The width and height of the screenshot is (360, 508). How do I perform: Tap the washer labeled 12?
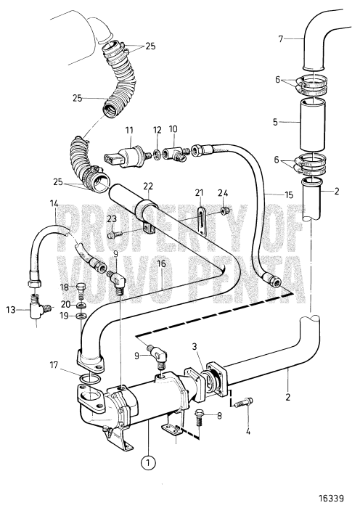[156, 154]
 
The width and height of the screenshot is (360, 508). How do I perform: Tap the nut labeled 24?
[225, 211]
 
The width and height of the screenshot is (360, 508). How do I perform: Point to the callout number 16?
[162, 264]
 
